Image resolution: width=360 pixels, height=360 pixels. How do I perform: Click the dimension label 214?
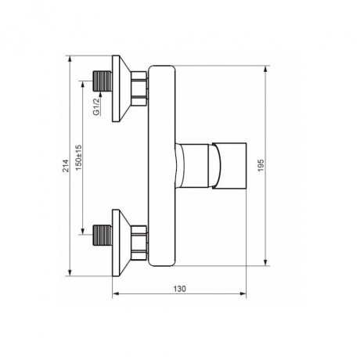pyautogui.click(x=67, y=166)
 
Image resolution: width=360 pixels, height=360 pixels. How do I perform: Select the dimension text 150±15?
pyautogui.click(x=78, y=158)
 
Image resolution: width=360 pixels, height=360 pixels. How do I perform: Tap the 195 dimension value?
pyautogui.click(x=261, y=165)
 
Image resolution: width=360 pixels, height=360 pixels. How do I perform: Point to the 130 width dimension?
pyautogui.click(x=180, y=289)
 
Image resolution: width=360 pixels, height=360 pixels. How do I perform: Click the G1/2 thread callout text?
pyautogui.click(x=96, y=106)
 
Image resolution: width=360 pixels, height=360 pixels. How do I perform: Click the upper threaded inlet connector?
pyautogui.click(x=103, y=81)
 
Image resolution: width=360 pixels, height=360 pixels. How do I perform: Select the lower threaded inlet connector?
pyautogui.click(x=103, y=235)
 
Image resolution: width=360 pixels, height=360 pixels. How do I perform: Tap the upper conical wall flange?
pyautogui.click(x=121, y=88)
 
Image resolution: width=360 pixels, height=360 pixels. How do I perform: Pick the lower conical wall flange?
pyautogui.click(x=121, y=243)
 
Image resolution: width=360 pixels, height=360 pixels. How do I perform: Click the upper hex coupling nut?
pyautogui.click(x=139, y=88)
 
